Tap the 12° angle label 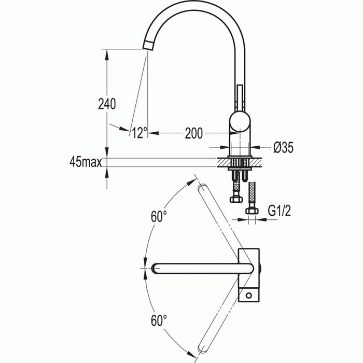point(139,133)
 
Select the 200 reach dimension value point(193,133)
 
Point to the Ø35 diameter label point(283,148)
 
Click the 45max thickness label point(86,162)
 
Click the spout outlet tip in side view point(149,45)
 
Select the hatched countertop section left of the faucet point(224,162)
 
